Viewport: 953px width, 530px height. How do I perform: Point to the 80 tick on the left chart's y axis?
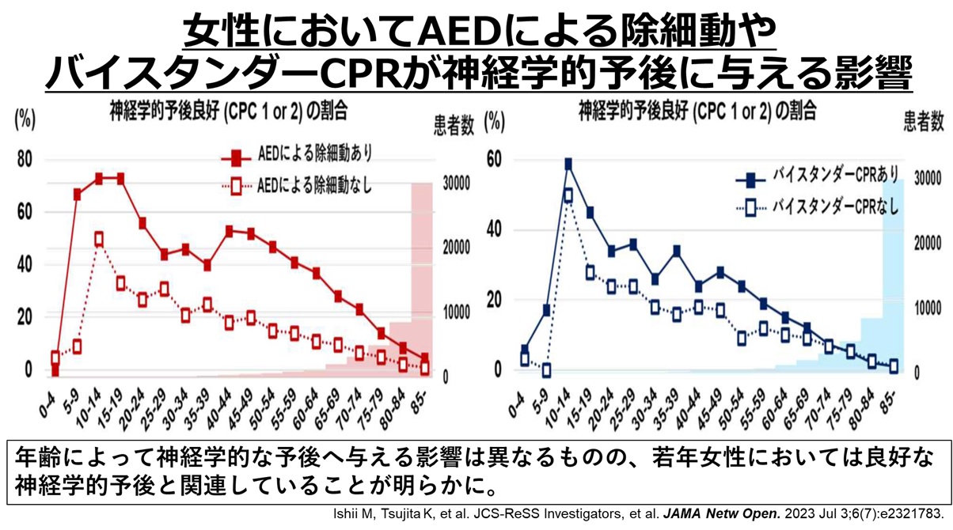point(25,160)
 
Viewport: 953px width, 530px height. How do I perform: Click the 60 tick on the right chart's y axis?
point(494,161)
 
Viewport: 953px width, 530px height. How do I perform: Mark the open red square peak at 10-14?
point(98,238)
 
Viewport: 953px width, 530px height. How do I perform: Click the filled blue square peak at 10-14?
point(568,164)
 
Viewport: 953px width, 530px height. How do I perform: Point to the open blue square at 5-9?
point(546,370)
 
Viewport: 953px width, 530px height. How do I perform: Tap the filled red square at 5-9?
point(78,194)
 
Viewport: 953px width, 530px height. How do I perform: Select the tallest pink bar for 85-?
point(421,277)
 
